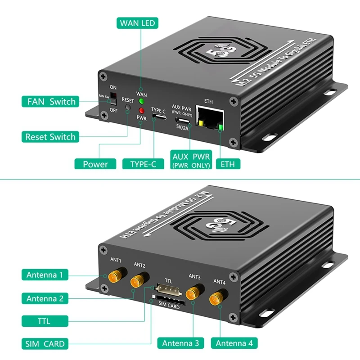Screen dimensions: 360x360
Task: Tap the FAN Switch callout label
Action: coord(50,101)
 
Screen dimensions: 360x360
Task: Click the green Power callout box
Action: coord(95,164)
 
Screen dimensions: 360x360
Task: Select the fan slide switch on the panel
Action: coord(113,98)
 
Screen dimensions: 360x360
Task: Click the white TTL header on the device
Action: coord(165,287)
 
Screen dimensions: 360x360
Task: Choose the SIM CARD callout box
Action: coord(45,344)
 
